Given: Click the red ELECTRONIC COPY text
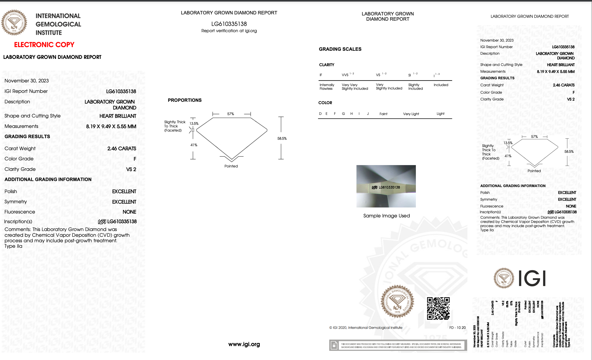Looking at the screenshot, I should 44,45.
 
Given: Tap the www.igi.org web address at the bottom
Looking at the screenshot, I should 244,344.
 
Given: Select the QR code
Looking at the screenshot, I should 438,308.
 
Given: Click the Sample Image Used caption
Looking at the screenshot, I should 386,216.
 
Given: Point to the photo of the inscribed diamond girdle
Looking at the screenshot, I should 386,186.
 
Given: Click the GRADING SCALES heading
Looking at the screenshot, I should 340,49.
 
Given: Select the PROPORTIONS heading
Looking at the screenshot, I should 185,100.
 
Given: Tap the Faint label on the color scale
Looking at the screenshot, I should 383,114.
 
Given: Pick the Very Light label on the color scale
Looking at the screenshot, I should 411,114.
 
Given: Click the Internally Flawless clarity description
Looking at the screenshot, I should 327,87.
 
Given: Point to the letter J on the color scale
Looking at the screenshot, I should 368,114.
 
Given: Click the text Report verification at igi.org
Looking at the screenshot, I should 229,31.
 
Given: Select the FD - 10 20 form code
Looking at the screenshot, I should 457,328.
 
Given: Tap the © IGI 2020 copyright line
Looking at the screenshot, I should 366,328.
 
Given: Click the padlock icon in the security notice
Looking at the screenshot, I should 334,345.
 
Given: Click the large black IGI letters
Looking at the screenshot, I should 532,278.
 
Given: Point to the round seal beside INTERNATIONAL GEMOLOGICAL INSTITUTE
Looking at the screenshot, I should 14,23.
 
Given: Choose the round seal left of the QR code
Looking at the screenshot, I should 397,301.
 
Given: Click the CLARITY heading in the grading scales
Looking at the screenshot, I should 327,65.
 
